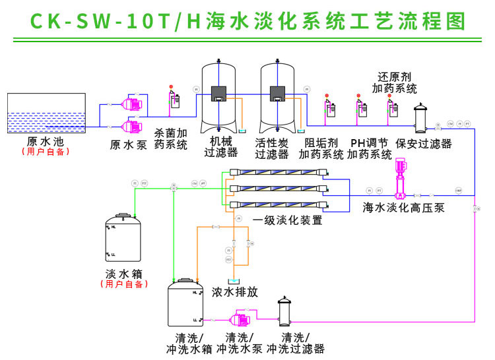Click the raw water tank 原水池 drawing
46,113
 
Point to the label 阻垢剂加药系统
321,148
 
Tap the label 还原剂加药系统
394,82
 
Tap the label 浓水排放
234,292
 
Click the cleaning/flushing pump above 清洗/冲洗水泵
238,318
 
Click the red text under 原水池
46,152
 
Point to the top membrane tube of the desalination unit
277,174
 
